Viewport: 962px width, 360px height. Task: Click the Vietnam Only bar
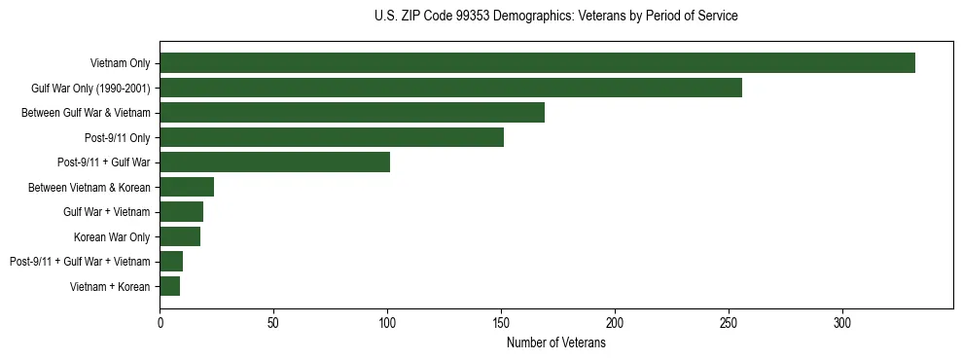coord(537,63)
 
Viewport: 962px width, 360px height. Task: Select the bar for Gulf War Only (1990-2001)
coord(450,88)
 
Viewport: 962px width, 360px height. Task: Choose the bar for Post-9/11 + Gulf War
coord(274,162)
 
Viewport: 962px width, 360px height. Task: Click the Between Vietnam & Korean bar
coord(187,187)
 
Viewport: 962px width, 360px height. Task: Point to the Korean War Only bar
coord(180,236)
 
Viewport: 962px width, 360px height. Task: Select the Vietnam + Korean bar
coord(169,286)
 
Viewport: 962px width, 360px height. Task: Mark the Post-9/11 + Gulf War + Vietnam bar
coord(171,261)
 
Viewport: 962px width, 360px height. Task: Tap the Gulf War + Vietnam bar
coord(181,212)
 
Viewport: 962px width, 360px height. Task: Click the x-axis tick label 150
coord(501,322)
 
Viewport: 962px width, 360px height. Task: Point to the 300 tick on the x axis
coord(842,322)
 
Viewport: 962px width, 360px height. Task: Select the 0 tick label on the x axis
coord(160,322)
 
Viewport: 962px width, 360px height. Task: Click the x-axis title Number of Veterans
coord(556,342)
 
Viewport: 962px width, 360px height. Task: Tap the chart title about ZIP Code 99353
coord(556,17)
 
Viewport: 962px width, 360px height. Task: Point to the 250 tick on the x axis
coord(729,322)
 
